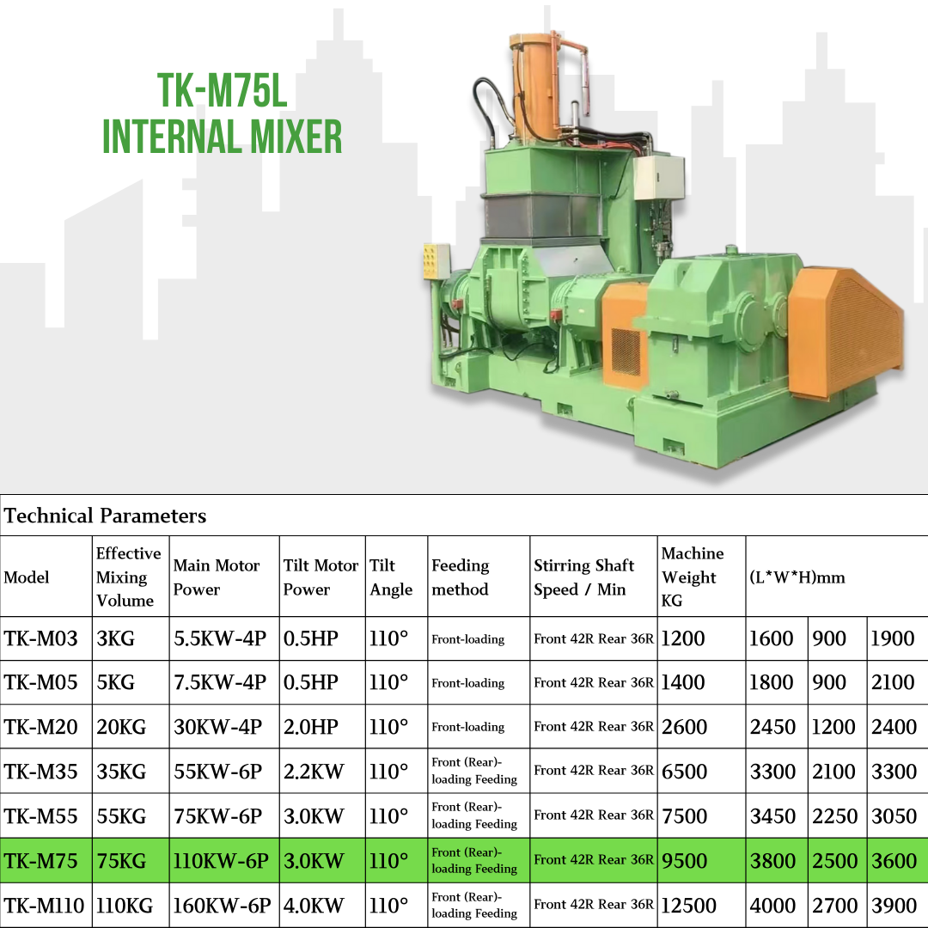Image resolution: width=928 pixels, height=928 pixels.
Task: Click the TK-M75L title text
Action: coord(222,90)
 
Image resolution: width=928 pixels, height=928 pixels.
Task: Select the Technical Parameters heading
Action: coord(106,516)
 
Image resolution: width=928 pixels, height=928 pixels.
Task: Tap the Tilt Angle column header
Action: coord(391,577)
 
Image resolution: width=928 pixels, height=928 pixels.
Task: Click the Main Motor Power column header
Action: coord(216,577)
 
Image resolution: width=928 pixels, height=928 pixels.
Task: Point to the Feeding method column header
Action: coord(461,577)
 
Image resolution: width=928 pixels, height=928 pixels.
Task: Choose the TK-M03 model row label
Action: coord(41,638)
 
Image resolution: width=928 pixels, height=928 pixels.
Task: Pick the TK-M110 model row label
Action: coord(45,906)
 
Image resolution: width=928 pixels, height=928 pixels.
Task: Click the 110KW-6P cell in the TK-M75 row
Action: coord(221,860)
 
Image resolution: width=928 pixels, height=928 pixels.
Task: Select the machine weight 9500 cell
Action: coord(684,860)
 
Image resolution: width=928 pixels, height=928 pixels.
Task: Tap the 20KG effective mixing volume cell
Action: coord(121,727)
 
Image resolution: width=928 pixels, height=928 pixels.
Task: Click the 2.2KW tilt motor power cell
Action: coord(313,772)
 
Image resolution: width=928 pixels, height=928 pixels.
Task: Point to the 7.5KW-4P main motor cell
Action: coord(220,682)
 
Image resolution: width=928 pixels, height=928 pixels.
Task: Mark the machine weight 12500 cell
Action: coord(688,906)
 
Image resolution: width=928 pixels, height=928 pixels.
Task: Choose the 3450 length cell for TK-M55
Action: coord(773,816)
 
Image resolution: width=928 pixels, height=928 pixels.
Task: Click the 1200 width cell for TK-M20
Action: coord(833,727)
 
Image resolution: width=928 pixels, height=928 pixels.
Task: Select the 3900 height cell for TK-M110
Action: coord(894,906)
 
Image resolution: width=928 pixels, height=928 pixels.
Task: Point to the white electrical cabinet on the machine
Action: coord(658,178)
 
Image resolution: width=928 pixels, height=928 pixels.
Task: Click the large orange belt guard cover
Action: coord(846,334)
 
